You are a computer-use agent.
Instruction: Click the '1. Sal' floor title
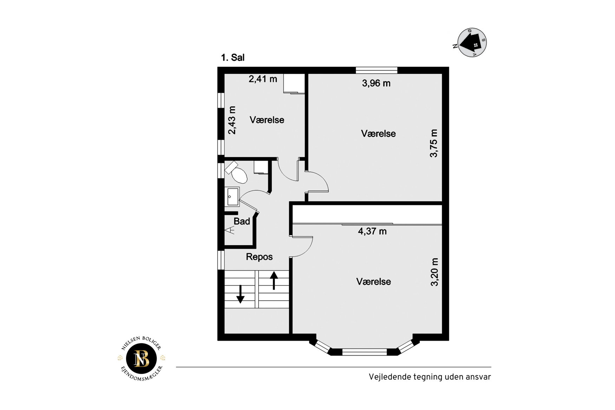coord(233,58)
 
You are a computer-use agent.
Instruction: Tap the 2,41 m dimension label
coord(263,79)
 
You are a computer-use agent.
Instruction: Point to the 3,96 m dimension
coord(376,83)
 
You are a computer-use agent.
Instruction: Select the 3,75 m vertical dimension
coord(434,143)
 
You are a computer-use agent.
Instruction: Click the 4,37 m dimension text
coord(372,231)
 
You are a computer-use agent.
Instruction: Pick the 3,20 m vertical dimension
coord(434,272)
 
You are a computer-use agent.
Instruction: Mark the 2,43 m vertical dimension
coord(232,120)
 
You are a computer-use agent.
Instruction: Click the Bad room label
coord(242,221)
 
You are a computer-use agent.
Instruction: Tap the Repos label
coord(259,257)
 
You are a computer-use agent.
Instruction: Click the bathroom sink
coord(232,197)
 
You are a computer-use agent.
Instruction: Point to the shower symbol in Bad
coord(230,230)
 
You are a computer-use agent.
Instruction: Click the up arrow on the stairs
coord(274,280)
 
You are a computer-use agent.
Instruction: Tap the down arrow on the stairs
coord(240,294)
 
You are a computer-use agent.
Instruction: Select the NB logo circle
coord(142,359)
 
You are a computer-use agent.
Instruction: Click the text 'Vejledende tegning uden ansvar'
coord(430,377)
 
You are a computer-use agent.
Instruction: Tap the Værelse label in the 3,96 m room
coord(378,134)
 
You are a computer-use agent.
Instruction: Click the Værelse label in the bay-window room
coord(373,281)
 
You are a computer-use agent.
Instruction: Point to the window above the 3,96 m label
coord(377,70)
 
